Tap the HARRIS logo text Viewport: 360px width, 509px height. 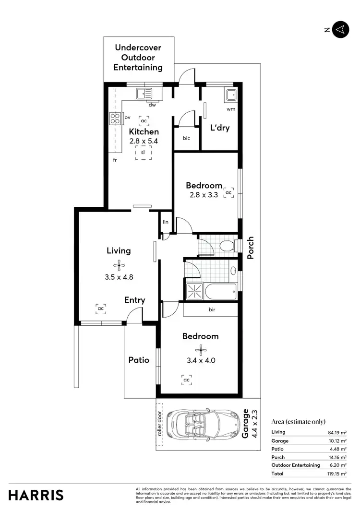[x=36, y=495]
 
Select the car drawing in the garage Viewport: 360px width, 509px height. [x=203, y=424]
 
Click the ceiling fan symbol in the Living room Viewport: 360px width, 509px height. [x=118, y=264]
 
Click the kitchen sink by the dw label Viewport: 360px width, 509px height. [x=144, y=94]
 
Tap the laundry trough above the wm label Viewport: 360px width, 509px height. [x=230, y=95]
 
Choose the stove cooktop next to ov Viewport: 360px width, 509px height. [x=115, y=118]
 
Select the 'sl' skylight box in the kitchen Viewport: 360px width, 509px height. [x=143, y=152]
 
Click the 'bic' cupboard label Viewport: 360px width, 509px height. [x=187, y=138]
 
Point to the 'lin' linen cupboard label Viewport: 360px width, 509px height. [x=166, y=222]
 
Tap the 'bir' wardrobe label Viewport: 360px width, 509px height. [x=212, y=309]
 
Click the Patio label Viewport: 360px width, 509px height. [x=139, y=360]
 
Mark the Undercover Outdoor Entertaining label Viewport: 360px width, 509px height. [x=138, y=58]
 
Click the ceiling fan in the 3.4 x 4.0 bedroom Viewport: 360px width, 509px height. [x=200, y=349]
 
